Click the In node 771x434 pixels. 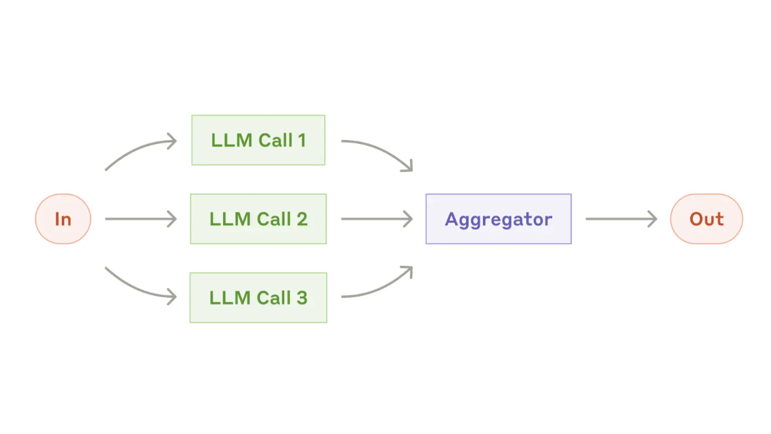pyautogui.click(x=63, y=219)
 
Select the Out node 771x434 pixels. pyautogui.click(x=706, y=219)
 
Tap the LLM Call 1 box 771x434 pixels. pyautogui.click(x=258, y=140)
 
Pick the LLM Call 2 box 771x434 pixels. pyautogui.click(x=258, y=219)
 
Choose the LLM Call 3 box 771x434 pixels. pyautogui.click(x=258, y=298)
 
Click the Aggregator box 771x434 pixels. pyautogui.click(x=498, y=219)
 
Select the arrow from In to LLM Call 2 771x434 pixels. pyautogui.click(x=141, y=219)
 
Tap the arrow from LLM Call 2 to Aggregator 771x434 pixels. pyautogui.click(x=376, y=219)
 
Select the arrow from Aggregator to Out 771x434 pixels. pyautogui.click(x=620, y=219)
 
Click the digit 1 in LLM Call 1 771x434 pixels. pyautogui.click(x=302, y=140)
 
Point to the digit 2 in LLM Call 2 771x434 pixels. pyautogui.click(x=302, y=219)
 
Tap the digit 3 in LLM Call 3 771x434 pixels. pyautogui.click(x=302, y=298)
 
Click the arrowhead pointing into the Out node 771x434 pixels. pyautogui.click(x=653, y=219)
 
